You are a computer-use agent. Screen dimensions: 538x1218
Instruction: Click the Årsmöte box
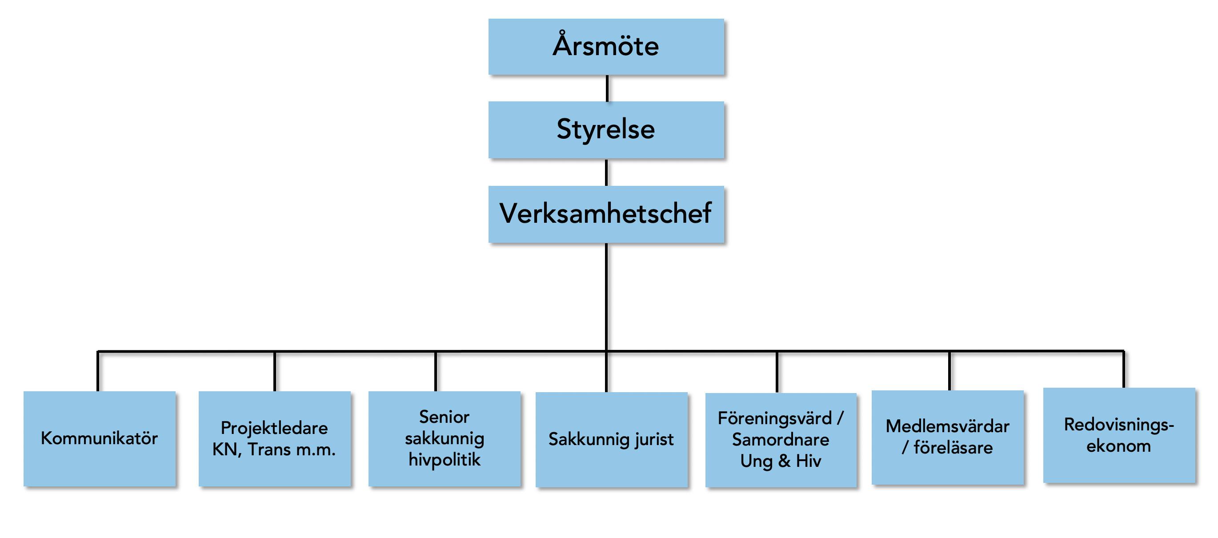pos(606,47)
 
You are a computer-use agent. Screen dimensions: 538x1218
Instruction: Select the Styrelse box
pos(606,129)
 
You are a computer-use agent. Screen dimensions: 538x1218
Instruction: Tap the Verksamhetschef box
pos(606,214)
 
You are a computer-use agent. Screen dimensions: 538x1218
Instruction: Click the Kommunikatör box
pos(99,439)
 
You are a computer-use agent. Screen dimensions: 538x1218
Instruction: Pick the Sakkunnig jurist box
pos(611,440)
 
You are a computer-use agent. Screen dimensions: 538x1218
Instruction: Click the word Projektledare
pos(274,428)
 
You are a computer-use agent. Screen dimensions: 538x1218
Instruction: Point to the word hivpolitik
pos(445,459)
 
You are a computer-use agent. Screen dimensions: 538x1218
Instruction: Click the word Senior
pos(444,417)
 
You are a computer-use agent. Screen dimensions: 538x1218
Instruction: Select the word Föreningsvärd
pos(774,418)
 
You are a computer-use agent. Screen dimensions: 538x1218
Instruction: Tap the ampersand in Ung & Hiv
pos(785,461)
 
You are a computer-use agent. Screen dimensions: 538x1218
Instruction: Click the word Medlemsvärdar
pos(948,426)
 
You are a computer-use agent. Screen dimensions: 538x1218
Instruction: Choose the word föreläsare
pos(953,448)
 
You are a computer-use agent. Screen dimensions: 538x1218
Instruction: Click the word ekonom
pos(1119,446)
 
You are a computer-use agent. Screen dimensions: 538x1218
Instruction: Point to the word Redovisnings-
pos(1119,425)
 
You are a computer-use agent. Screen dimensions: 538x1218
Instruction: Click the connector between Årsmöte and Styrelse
pos(607,88)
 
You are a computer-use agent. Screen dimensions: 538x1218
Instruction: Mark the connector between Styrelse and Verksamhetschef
pos(607,173)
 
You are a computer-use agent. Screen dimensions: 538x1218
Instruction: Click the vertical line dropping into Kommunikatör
pos(98,372)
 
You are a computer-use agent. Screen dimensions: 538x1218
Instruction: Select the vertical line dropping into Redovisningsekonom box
pos(1123,369)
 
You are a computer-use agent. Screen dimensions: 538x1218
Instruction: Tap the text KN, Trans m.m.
pos(274,450)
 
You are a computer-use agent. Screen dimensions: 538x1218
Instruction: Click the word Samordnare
pos(781,440)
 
